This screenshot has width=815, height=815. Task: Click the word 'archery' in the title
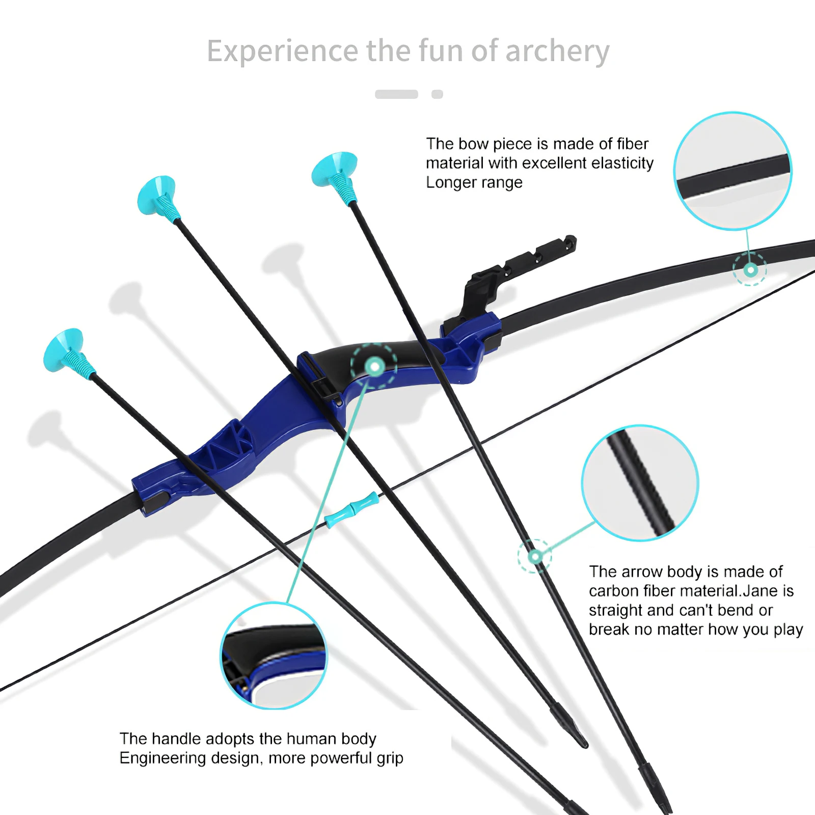(x=557, y=51)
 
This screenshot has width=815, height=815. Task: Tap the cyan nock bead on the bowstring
(x=351, y=509)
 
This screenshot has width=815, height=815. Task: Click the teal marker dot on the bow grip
(x=375, y=366)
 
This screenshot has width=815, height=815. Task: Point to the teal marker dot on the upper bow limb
(x=750, y=269)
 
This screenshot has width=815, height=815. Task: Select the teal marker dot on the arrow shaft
(x=535, y=556)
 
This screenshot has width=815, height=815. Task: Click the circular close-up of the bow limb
(x=732, y=171)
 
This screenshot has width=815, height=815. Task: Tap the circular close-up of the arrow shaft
(x=640, y=483)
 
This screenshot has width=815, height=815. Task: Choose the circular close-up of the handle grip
(x=274, y=656)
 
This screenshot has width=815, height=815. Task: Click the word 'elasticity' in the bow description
(x=622, y=163)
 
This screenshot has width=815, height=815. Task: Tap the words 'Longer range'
(x=474, y=182)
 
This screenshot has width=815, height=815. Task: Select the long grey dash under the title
(x=396, y=94)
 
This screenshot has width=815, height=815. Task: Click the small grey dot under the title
(x=437, y=94)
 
